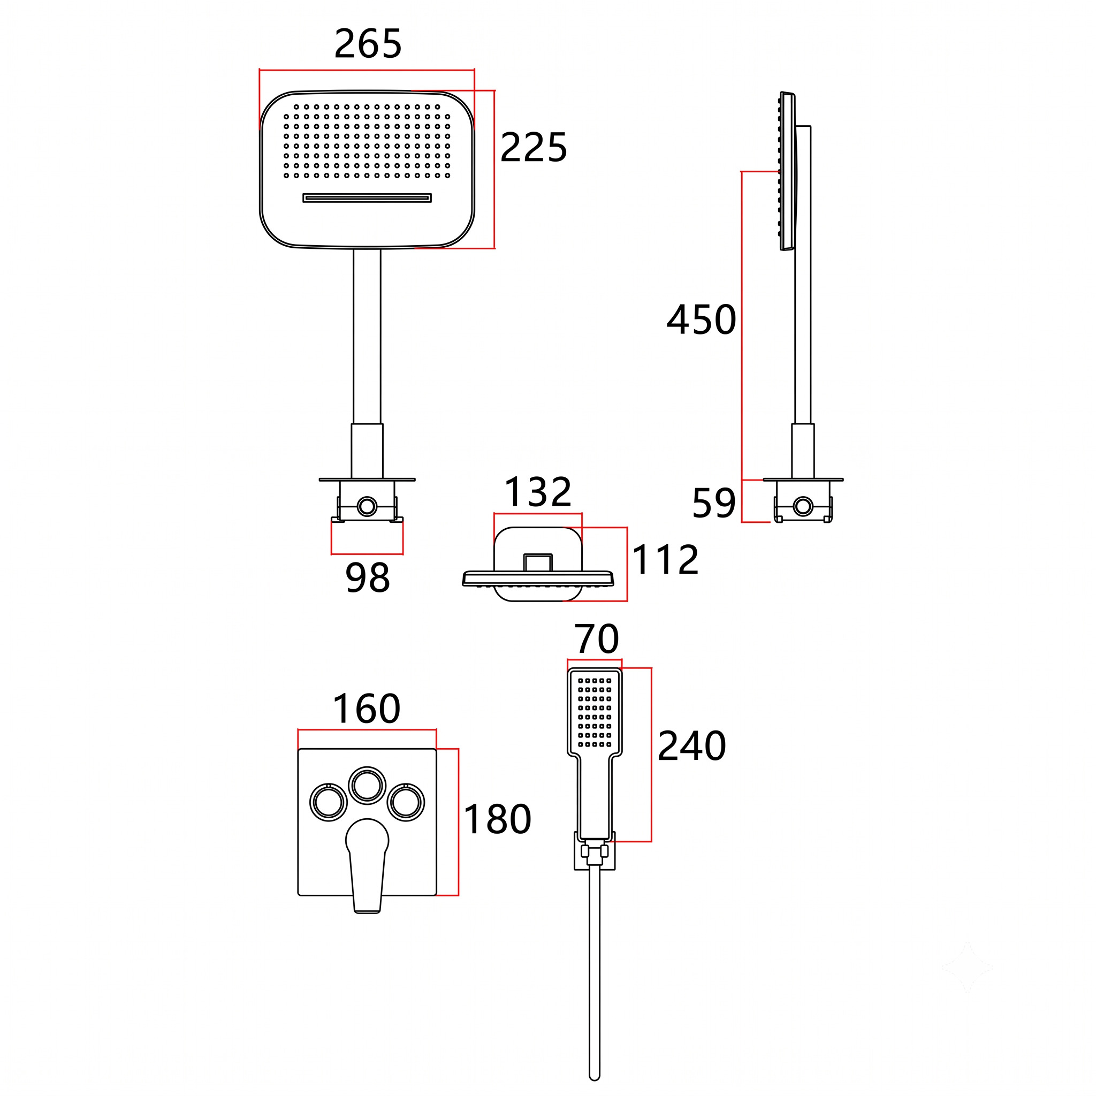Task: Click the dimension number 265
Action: click(368, 44)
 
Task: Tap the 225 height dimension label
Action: click(534, 148)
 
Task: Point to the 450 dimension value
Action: click(701, 319)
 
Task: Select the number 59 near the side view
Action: click(714, 503)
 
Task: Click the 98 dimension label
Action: click(368, 577)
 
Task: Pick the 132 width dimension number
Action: click(538, 492)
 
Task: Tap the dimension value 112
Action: click(665, 560)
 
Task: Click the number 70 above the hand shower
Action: click(596, 640)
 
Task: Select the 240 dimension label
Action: click(691, 745)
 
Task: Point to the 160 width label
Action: click(367, 709)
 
